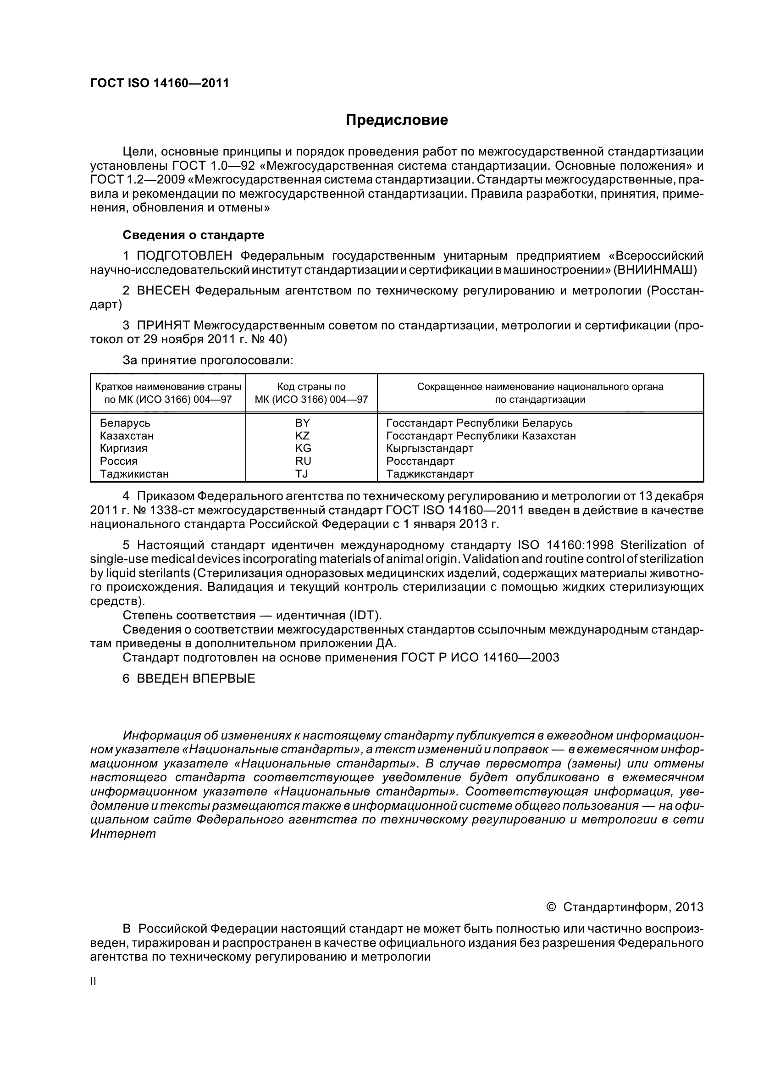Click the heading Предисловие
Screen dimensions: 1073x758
pos(397,120)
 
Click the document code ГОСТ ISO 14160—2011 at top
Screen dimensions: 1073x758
pos(159,83)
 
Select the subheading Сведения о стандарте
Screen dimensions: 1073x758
pos(194,234)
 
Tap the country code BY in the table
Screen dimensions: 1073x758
pos(303,423)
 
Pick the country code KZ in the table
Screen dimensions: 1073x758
pos(303,435)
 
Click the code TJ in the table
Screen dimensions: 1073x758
pos(302,473)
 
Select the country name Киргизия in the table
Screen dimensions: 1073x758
pos(124,448)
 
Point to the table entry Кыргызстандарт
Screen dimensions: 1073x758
pos(430,448)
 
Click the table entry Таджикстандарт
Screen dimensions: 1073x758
pos(430,474)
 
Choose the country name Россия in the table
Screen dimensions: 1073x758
pos(119,461)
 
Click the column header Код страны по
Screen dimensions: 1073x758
pos(311,386)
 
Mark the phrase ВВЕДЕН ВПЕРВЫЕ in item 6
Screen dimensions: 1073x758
pos(196,678)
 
